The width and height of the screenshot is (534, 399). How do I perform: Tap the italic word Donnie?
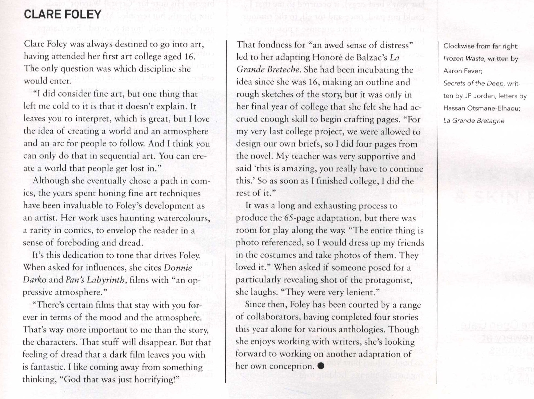tap(178, 268)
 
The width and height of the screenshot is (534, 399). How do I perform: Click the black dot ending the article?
tap(321, 366)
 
